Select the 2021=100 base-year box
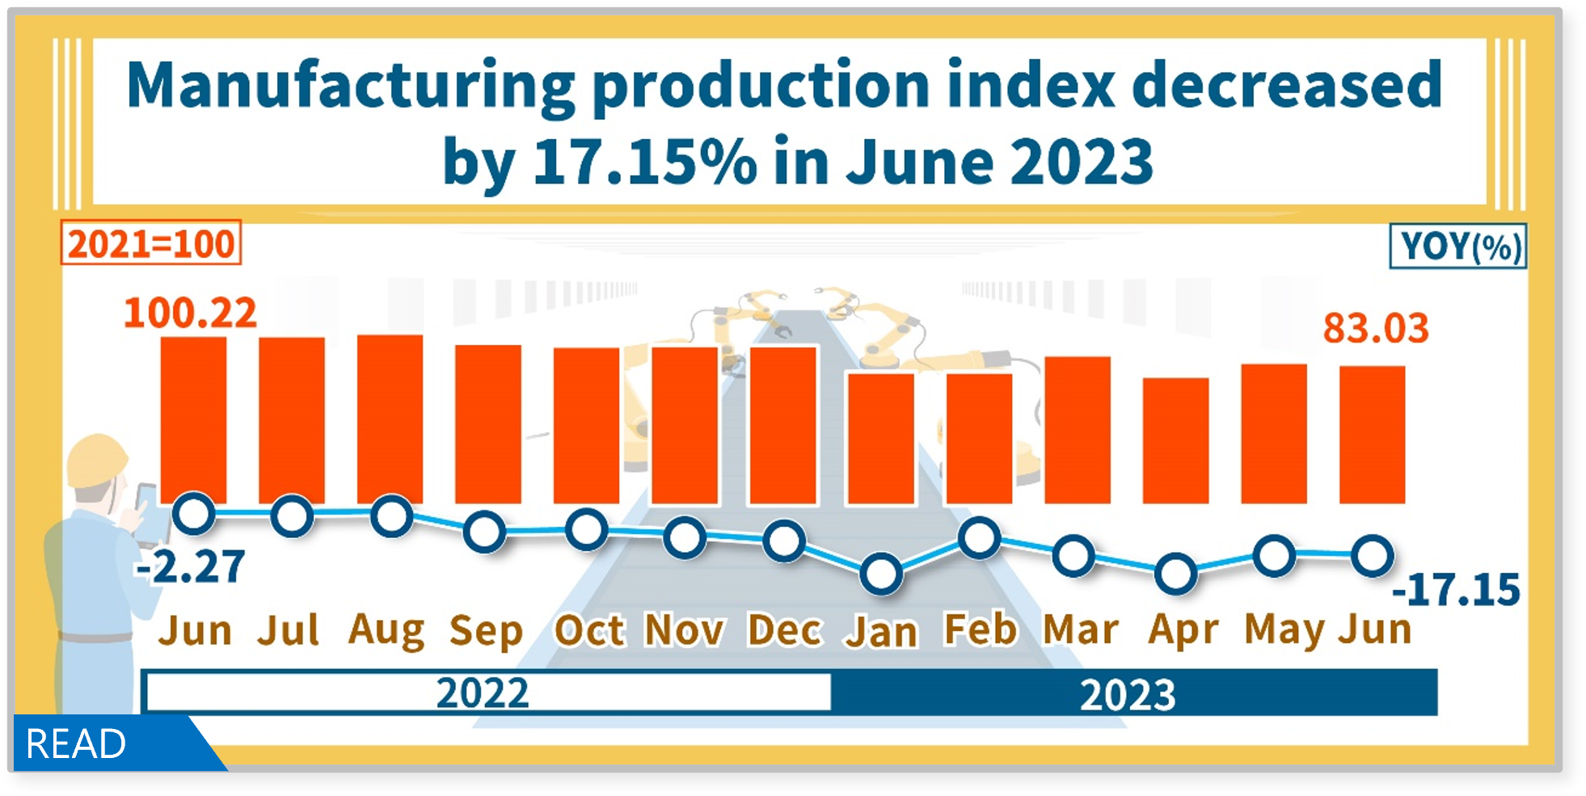click(x=151, y=243)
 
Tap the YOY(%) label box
click(x=1457, y=246)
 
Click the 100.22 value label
click(x=190, y=313)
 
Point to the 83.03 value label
click(x=1376, y=328)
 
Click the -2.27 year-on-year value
click(x=191, y=566)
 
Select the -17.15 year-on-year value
click(x=1456, y=589)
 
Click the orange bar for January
click(x=881, y=438)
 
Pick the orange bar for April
click(x=1175, y=440)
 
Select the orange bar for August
click(x=390, y=419)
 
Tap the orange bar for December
click(x=783, y=425)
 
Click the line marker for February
click(x=980, y=538)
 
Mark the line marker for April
click(x=1175, y=574)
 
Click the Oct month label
click(x=589, y=630)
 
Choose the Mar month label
click(x=1081, y=630)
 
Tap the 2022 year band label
click(x=483, y=693)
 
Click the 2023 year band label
click(x=1128, y=694)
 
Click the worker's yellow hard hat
click(x=96, y=460)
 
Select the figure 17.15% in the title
click(x=644, y=162)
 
